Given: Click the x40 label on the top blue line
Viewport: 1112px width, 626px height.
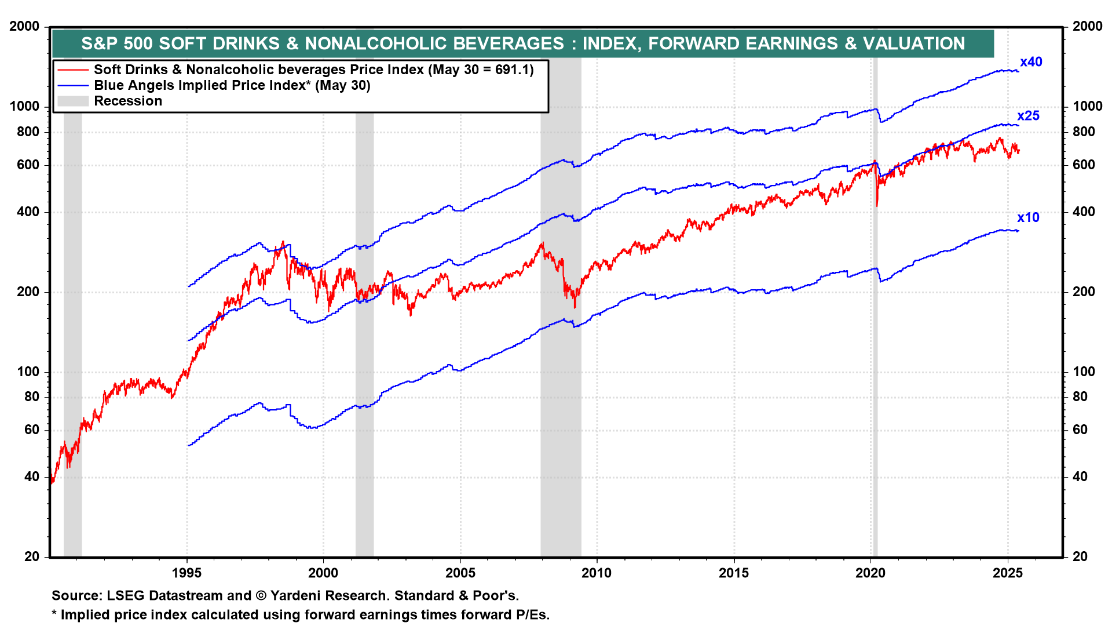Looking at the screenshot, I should coord(1031,62).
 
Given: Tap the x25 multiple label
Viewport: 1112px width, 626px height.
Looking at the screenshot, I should coord(1028,116).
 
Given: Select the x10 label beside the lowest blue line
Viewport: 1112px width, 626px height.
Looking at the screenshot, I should coord(1028,218).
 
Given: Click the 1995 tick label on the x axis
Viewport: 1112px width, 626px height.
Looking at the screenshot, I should coord(186,573).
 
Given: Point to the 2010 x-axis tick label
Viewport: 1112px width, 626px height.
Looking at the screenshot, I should coord(597,573).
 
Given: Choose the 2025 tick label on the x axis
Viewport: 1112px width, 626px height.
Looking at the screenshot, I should coord(1008,573).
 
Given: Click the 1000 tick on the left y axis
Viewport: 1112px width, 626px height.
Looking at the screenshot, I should coord(24,107).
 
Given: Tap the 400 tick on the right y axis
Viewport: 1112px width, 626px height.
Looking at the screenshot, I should coord(1084,212).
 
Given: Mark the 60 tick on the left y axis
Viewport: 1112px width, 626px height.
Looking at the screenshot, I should coord(31,430).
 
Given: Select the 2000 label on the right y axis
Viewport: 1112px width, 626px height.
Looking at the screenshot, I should coord(1087,27).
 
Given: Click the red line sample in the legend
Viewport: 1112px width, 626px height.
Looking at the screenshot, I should coord(73,70).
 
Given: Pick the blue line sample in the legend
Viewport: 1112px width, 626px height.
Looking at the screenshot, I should coord(73,86).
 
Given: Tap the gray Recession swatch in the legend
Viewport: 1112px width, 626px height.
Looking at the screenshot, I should coord(73,101).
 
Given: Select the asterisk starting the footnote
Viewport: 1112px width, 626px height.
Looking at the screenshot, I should coord(54,614).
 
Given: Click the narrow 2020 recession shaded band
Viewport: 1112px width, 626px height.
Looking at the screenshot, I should coord(875,348).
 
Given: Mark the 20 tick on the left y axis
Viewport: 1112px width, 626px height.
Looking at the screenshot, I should coord(31,557).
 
